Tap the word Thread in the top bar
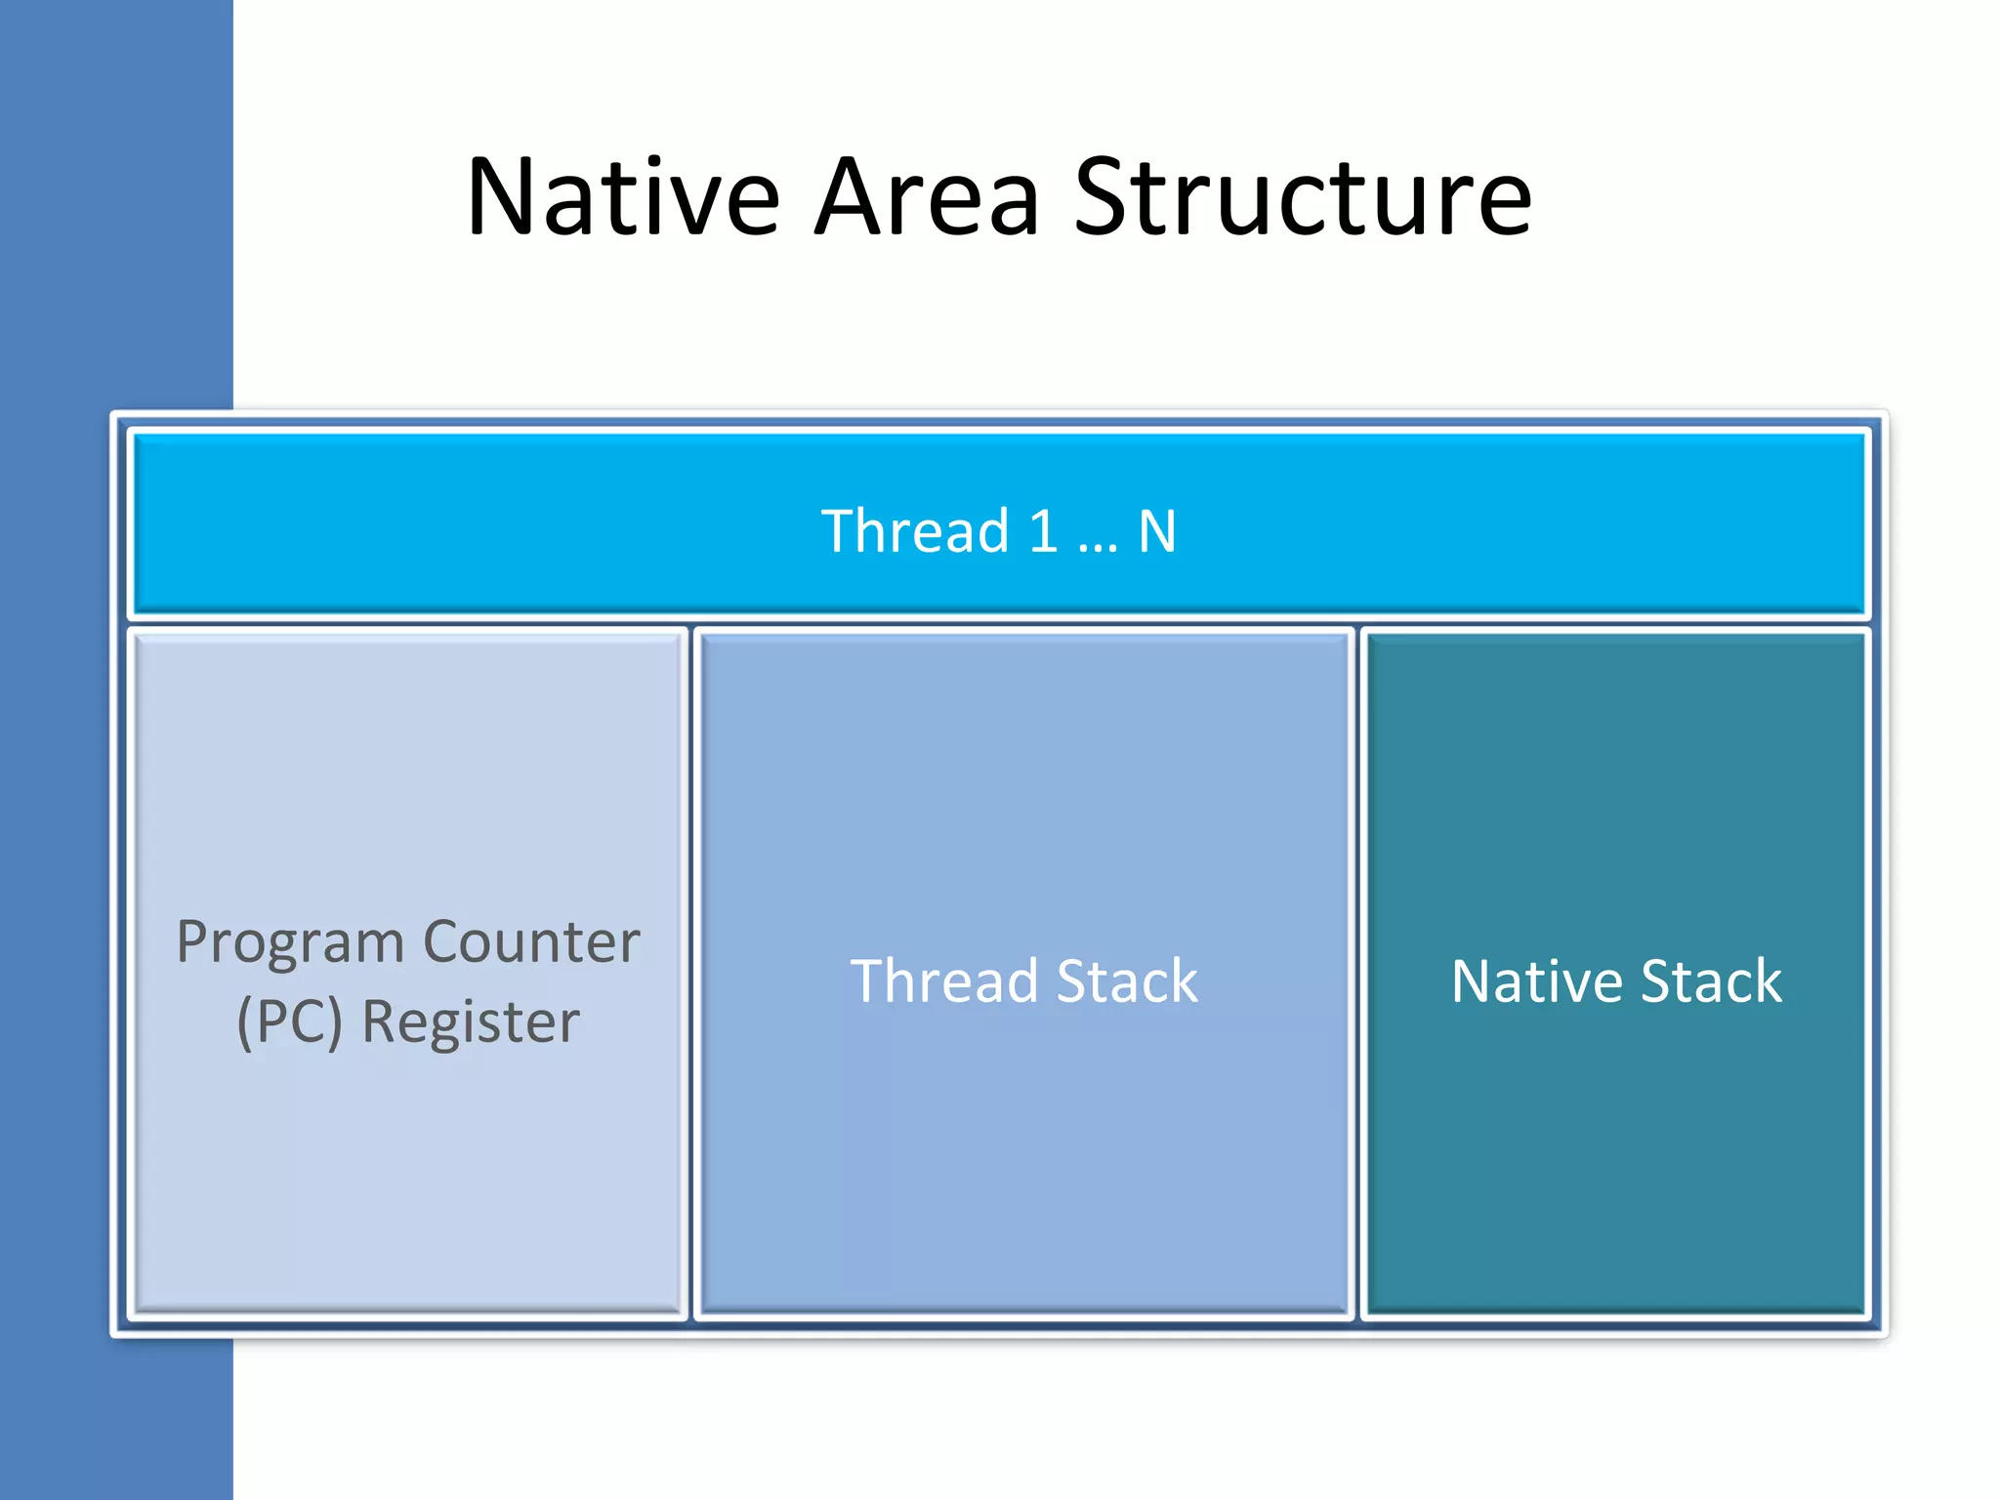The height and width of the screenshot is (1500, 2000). [x=915, y=531]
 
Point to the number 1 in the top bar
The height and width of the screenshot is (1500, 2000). [x=1043, y=531]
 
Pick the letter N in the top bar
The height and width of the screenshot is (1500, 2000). [x=1157, y=531]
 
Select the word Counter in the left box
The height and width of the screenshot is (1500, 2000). [x=531, y=942]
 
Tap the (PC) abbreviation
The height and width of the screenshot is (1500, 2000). [x=290, y=1022]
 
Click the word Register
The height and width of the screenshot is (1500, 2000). [x=471, y=1022]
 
